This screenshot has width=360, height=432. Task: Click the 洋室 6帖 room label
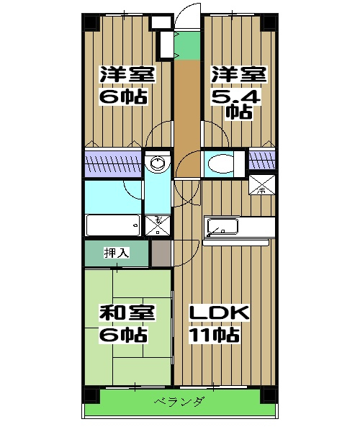click(123, 85)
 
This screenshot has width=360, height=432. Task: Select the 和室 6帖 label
click(123, 323)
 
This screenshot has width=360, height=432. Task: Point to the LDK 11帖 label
click(219, 323)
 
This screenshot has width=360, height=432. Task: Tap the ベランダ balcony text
click(179, 402)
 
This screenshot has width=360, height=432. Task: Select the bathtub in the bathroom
click(112, 225)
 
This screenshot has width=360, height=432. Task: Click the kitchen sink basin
click(221, 228)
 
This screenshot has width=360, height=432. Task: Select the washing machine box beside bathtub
click(156, 225)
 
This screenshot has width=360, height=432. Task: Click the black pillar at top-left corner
click(91, 22)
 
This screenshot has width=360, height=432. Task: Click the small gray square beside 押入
click(161, 253)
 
